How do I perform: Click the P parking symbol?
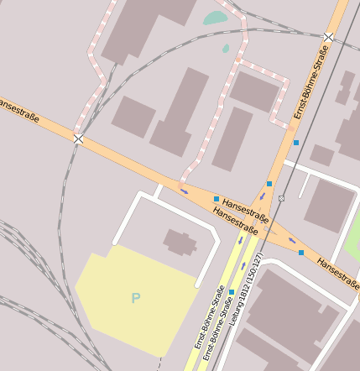click(136, 297)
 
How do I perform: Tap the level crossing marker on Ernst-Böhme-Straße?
click(329, 37)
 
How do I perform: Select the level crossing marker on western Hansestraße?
click(78, 138)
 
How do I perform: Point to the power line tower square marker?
click(281, 199)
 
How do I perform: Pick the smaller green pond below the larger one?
click(225, 50)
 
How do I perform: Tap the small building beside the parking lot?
click(180, 242)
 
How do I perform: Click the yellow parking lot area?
click(134, 294)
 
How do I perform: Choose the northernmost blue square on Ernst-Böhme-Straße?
click(296, 143)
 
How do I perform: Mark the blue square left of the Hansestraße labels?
click(217, 199)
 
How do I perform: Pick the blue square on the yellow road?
click(232, 292)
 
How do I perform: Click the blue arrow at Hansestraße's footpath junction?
click(184, 191)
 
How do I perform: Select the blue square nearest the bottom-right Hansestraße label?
click(301, 252)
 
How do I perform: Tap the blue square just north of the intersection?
click(269, 183)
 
